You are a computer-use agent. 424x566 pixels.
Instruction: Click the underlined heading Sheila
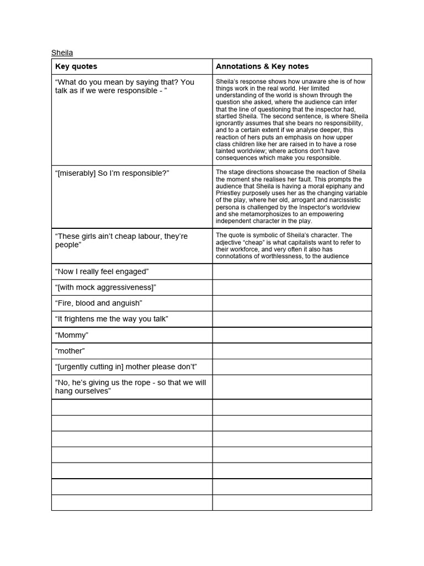62,53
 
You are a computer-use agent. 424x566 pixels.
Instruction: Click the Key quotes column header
76,66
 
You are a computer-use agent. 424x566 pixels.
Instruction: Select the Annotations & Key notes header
262,66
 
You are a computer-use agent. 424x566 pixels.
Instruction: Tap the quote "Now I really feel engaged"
102,271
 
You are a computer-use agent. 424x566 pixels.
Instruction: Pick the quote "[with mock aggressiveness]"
105,287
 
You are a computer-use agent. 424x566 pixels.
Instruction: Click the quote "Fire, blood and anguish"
99,303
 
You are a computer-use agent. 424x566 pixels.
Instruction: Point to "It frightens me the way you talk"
112,319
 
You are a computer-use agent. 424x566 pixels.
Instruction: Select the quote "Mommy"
72,335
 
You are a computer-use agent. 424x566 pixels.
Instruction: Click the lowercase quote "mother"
70,351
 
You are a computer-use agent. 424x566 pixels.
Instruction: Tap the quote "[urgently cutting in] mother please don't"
126,367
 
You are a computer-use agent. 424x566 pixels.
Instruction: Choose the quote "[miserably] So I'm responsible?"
112,174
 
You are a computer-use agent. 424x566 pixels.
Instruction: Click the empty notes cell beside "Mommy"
291,335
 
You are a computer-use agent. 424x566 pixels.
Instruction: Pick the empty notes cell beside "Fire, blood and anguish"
291,303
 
